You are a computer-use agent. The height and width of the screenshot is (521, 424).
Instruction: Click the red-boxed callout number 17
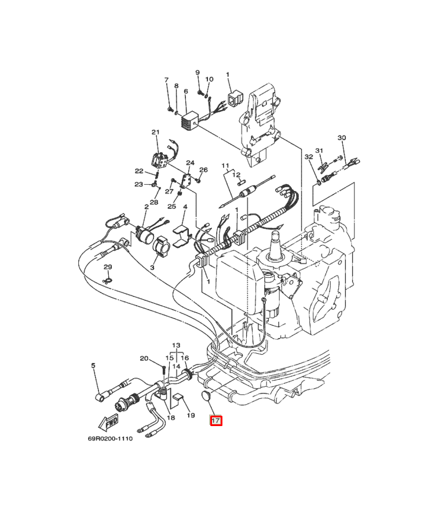[216, 421]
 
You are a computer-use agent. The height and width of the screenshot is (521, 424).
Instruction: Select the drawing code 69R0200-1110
[110, 439]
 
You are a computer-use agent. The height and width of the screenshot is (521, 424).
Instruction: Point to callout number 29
[107, 267]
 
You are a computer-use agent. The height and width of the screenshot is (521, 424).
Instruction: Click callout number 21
[155, 132]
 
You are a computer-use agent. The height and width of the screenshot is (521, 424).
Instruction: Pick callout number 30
[342, 138]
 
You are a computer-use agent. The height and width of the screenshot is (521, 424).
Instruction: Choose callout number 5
[93, 365]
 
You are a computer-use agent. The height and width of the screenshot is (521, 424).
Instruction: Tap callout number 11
[225, 166]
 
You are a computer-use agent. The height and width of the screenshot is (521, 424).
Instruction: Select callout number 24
[190, 163]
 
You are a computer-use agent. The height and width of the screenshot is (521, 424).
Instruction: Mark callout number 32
[309, 156]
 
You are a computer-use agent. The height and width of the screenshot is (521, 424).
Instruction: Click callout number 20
[144, 358]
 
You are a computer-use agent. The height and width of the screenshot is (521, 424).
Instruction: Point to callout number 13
[176, 346]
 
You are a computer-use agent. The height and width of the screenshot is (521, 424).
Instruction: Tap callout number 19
[191, 415]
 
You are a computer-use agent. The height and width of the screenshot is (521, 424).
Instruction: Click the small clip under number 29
[107, 281]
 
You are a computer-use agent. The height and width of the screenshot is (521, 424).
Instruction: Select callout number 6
[185, 91]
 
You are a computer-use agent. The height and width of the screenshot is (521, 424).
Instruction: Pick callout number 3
[152, 267]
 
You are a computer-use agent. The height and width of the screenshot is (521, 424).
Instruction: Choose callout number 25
[171, 206]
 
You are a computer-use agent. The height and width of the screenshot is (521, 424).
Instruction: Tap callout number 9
[198, 72]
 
